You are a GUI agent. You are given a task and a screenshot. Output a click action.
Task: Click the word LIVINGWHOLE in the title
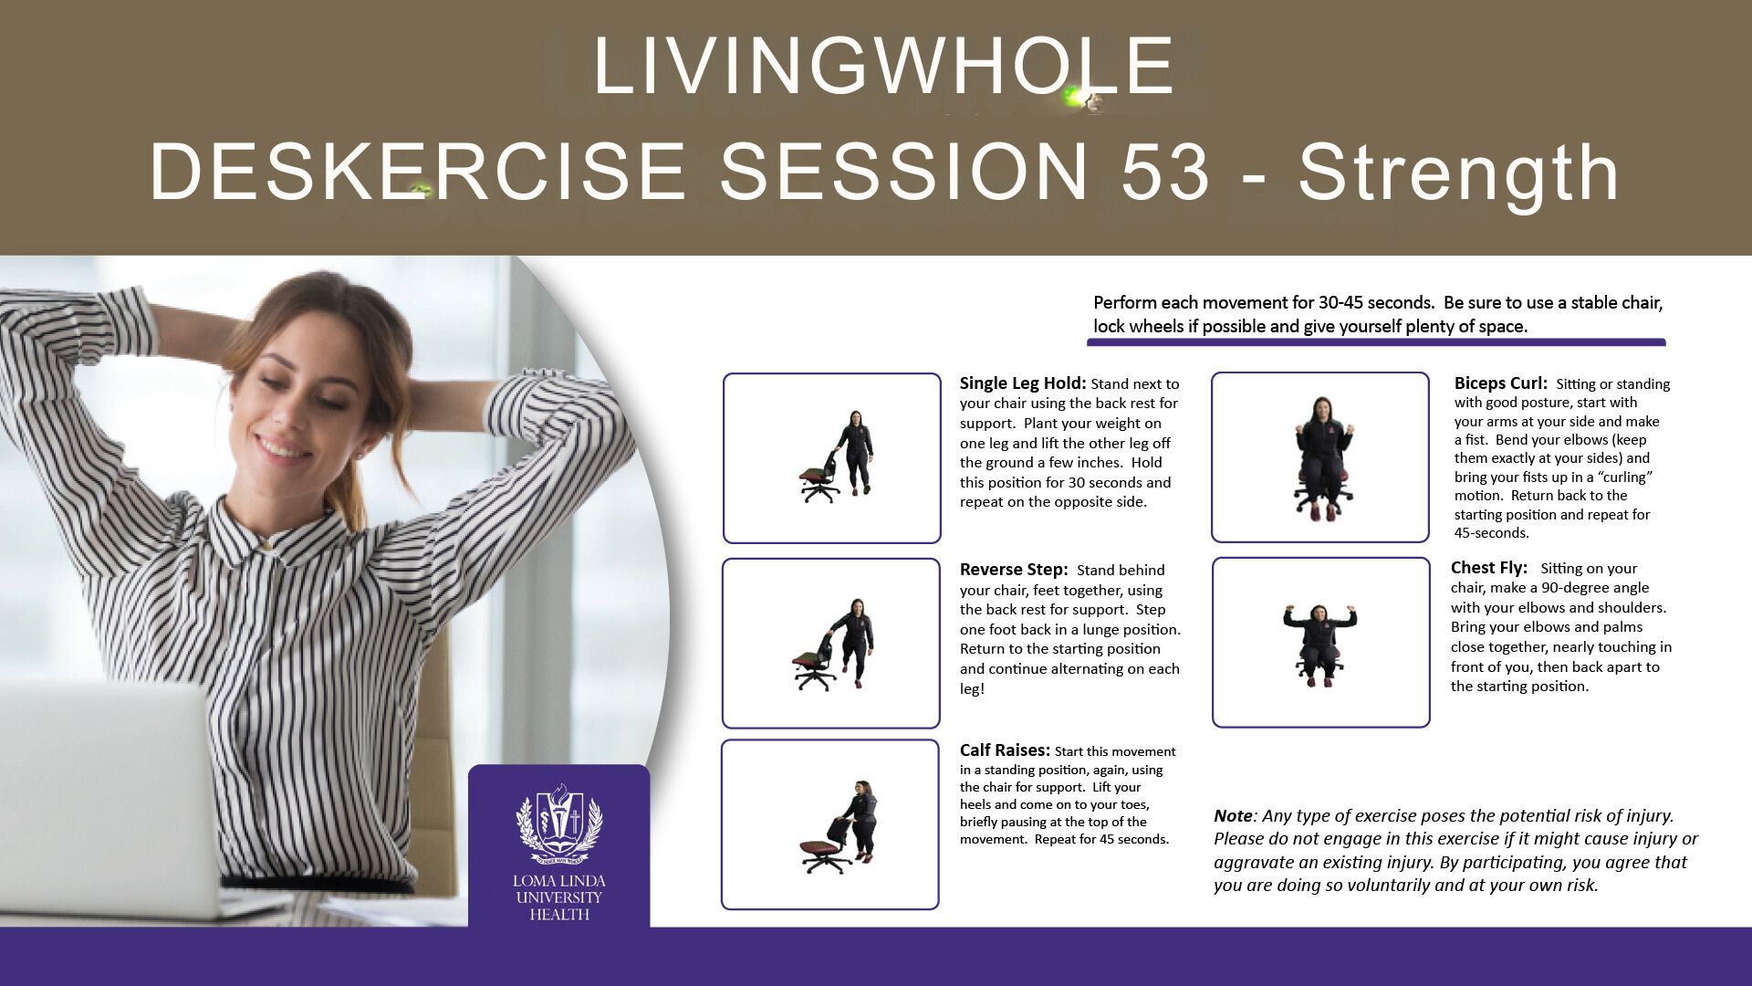[883, 66]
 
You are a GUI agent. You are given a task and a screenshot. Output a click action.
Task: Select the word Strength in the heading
[1459, 172]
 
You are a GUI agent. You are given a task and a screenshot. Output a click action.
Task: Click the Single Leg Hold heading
[1023, 383]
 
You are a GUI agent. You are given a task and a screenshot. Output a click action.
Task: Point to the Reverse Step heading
[1013, 570]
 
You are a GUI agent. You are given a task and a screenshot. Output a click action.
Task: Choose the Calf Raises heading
[1005, 750]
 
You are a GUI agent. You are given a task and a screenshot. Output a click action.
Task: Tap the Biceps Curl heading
[1500, 383]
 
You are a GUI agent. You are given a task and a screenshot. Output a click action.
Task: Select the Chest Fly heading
[1488, 568]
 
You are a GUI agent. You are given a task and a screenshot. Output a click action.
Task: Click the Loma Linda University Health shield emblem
[559, 823]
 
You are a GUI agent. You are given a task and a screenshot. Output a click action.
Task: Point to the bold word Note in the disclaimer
[1232, 816]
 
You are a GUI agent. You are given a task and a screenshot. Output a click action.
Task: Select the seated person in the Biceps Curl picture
[1320, 458]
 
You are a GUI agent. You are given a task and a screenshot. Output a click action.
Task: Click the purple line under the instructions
[1376, 343]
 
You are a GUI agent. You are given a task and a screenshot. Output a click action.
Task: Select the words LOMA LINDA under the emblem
[558, 881]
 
